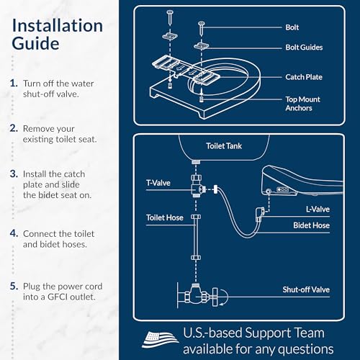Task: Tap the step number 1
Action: click(x=14, y=84)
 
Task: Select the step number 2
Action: click(x=14, y=128)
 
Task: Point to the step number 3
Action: click(x=14, y=174)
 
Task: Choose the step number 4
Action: click(x=14, y=233)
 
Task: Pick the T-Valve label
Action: click(x=158, y=183)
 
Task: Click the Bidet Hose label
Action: click(x=311, y=226)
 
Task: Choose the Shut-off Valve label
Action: click(x=305, y=289)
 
